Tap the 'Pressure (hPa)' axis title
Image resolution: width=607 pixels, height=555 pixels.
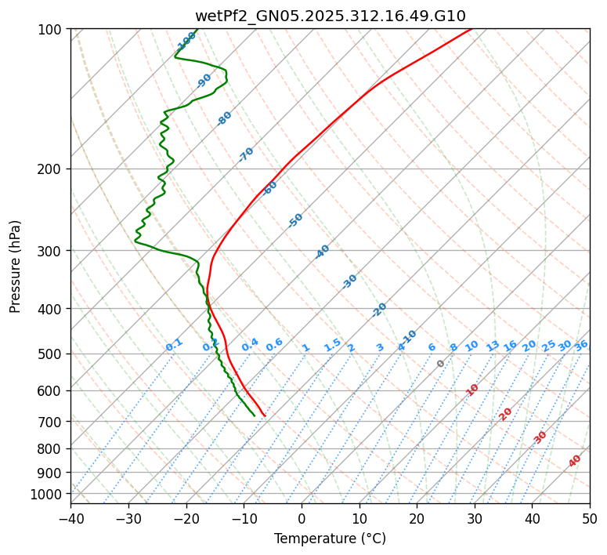tap(16, 266)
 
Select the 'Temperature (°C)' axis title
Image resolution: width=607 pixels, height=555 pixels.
tap(330, 539)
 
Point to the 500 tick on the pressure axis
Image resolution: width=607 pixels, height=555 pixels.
tap(52, 354)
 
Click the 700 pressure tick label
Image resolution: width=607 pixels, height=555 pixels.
tap(52, 422)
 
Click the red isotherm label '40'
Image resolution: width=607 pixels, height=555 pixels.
tap(575, 461)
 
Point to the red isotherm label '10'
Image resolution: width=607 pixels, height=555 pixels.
tap(472, 390)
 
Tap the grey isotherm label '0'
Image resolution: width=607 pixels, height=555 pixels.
tap(441, 364)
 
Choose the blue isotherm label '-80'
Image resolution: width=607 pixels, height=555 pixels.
tap(225, 118)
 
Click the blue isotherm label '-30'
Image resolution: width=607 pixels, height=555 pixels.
tap(349, 281)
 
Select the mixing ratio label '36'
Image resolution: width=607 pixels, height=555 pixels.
tap(581, 346)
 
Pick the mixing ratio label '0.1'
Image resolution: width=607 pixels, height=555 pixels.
tap(174, 345)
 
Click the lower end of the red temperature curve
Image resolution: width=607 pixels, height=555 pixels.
tap(265, 415)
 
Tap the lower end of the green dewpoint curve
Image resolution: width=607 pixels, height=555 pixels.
tap(254, 415)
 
